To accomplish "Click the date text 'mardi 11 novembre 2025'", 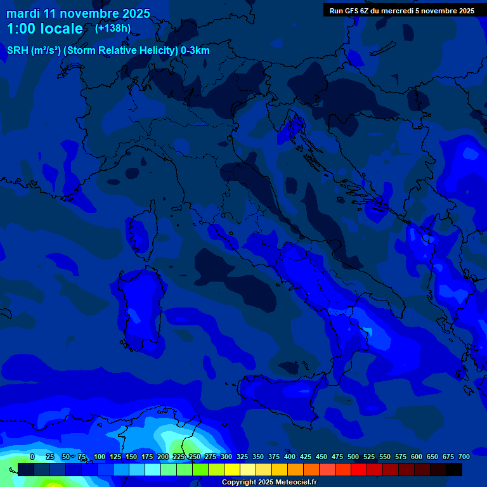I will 78,13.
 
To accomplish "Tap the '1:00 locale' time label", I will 44,29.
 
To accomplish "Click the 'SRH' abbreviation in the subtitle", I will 18,51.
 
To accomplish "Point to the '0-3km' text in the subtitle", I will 195,51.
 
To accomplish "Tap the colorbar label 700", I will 464,457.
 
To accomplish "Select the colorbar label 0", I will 32,457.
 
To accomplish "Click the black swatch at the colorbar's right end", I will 454,469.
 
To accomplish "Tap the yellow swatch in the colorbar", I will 232,469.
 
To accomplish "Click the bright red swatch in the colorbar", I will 359,469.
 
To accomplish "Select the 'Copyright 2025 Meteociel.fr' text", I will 268,483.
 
